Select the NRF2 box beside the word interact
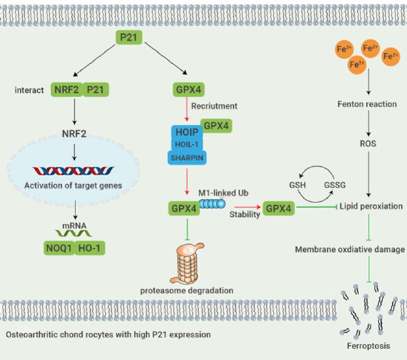point(66,90)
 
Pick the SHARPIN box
point(185,157)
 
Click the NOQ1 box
point(59,249)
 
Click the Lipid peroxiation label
point(371,207)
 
